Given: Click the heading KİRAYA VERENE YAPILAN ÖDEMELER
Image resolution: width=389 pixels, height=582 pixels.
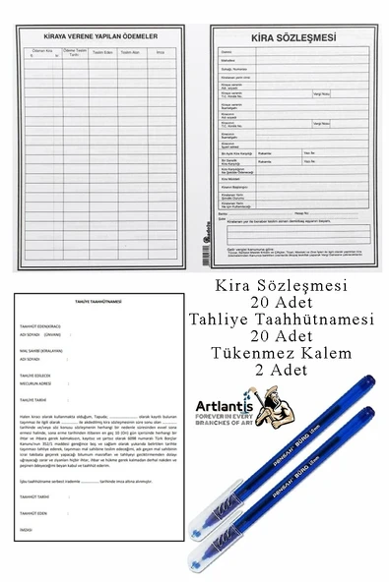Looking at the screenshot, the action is [x=102, y=37].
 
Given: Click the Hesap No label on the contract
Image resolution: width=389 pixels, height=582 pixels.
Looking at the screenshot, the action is [x=301, y=212].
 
